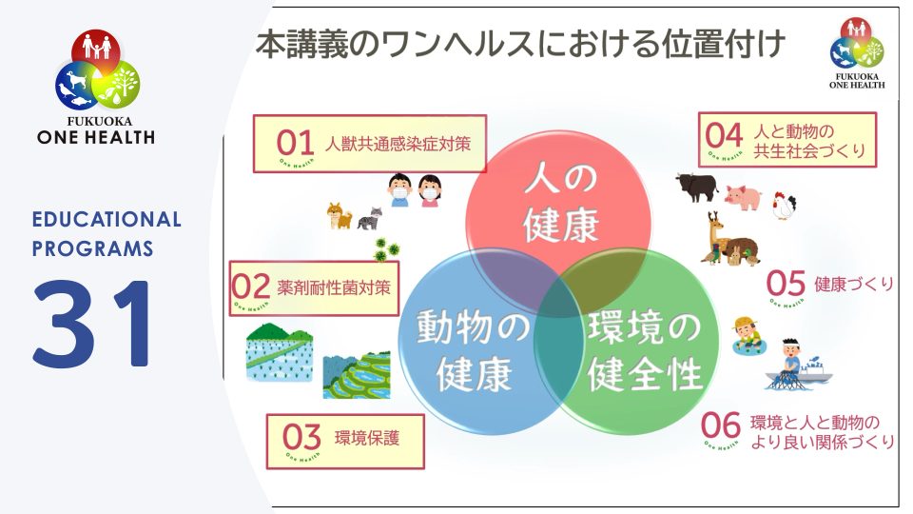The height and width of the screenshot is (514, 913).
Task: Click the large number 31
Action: [x=93, y=324]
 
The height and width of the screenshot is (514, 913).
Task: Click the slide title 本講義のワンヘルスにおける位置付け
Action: [x=519, y=45]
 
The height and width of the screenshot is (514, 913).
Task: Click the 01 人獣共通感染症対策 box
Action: [x=369, y=144]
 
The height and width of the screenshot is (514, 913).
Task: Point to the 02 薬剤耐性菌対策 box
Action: [x=314, y=287]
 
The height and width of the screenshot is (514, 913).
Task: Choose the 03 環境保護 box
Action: [x=344, y=441]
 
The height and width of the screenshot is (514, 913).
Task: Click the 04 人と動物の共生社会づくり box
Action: [x=787, y=141]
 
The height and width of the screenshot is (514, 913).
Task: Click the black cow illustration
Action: [x=696, y=187]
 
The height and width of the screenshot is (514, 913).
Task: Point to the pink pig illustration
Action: [x=744, y=196]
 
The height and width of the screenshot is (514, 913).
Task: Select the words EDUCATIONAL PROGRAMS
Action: [x=107, y=233]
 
